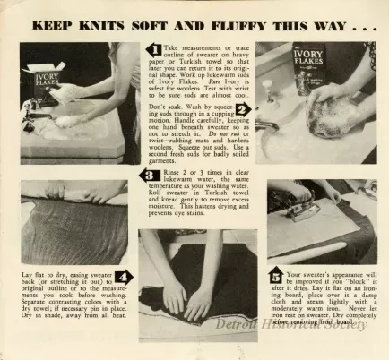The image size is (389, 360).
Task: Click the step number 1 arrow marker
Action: pos(154,50)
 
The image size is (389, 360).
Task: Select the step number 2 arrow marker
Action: pos(241,110)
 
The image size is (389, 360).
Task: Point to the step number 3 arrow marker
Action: pos(150,176)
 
